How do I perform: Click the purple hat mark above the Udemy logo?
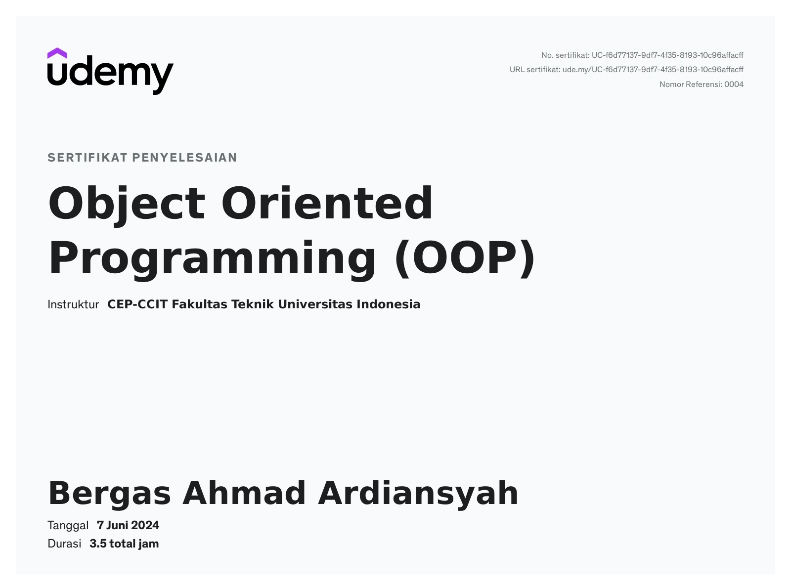[57, 53]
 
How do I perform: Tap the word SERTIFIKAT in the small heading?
[88, 158]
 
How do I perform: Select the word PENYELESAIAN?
[185, 158]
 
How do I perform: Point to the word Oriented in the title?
[327, 203]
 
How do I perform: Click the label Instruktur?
[73, 304]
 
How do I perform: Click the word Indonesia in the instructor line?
[389, 304]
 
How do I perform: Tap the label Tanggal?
[68, 526]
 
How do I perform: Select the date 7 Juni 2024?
[128, 525]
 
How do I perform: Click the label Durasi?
[64, 544]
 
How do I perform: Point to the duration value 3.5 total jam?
[124, 544]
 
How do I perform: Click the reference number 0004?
[734, 84]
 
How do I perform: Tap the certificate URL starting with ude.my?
[653, 70]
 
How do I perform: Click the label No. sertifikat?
[566, 55]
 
